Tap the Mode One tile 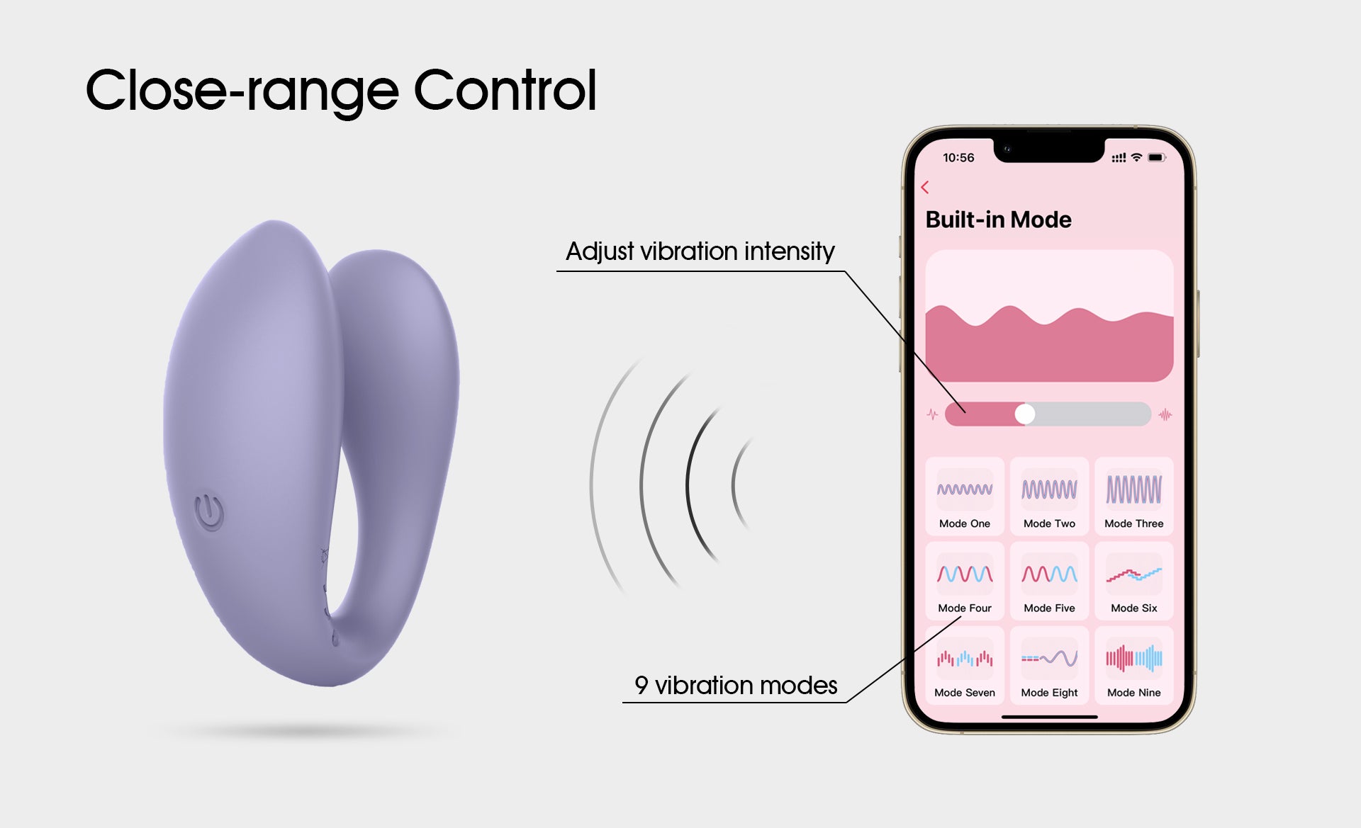click(x=965, y=497)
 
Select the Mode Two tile click(x=1049, y=497)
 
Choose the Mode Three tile click(x=1134, y=497)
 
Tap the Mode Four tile click(x=965, y=581)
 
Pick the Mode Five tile click(x=1049, y=581)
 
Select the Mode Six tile click(x=1134, y=581)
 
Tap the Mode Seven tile click(x=965, y=665)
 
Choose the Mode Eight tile click(x=1049, y=665)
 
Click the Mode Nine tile click(x=1134, y=665)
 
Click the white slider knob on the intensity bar click(x=1025, y=414)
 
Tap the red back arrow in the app click(x=924, y=187)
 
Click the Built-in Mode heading click(x=998, y=220)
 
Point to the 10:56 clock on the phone click(x=958, y=158)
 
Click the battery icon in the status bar click(x=1157, y=157)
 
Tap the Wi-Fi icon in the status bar click(x=1136, y=157)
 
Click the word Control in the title click(x=505, y=90)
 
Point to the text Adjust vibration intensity click(x=700, y=251)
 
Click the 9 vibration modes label click(x=736, y=685)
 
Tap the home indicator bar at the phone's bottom click(x=1049, y=717)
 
